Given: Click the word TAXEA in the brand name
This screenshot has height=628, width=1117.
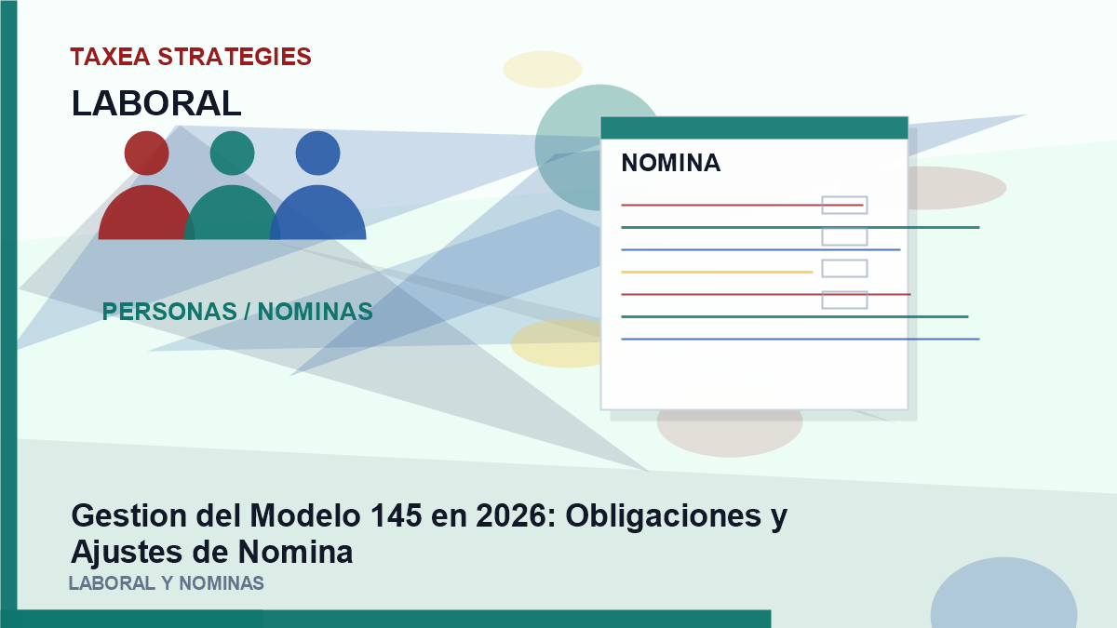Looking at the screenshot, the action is coord(110,57).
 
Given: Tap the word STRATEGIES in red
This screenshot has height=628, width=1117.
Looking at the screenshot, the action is coord(235,57).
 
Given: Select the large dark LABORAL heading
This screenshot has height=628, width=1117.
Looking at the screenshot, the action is coord(156,103).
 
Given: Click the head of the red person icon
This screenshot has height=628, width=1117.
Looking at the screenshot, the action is coord(147,153).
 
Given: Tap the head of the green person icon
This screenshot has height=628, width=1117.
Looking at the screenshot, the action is coord(233,153).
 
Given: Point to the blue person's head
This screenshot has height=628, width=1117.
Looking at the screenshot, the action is coord(318,153).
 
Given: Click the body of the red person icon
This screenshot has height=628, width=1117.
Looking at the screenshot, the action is coord(145,214).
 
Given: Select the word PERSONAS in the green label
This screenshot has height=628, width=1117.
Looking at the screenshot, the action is coord(169,312).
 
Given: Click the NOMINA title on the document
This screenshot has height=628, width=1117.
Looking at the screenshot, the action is coord(671,163).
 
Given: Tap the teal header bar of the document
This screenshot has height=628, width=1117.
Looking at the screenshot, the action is coord(754,128).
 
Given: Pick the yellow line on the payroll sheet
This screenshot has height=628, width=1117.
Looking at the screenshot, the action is coord(717,272).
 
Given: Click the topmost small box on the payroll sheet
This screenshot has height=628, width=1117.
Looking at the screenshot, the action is coord(845,206).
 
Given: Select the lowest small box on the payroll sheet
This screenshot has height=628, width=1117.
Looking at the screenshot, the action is coord(845,300).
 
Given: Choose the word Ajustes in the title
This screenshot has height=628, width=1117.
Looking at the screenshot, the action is coord(128,553).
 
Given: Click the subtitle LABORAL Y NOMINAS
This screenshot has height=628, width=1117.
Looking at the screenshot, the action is coord(166,583).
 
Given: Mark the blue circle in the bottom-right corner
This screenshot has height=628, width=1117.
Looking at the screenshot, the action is coord(1003,594).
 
